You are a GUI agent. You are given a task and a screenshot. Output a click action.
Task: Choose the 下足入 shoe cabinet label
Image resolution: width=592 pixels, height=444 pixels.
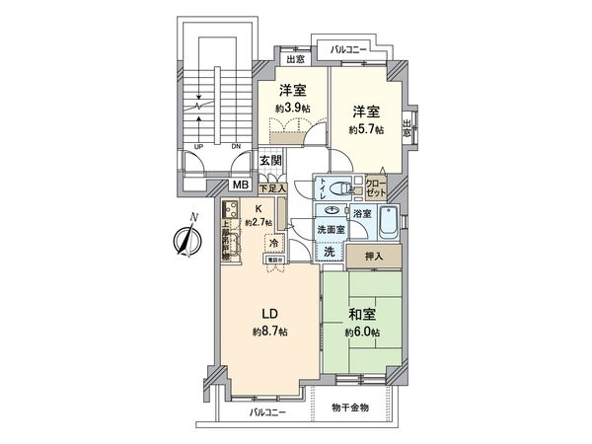(x=271, y=187)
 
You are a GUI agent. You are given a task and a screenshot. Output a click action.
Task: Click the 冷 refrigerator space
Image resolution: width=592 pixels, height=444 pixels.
(x=273, y=241)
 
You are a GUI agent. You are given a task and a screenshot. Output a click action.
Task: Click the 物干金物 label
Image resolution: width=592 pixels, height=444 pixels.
(x=348, y=407)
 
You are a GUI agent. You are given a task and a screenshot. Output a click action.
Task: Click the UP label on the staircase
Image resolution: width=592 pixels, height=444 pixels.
(x=200, y=148)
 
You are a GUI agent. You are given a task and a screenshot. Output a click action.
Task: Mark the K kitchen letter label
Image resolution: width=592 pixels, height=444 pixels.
(x=258, y=209)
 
